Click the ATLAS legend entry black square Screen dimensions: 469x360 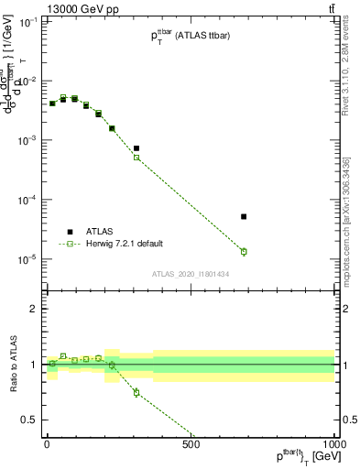click(70, 232)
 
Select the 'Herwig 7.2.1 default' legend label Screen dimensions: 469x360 click(124, 244)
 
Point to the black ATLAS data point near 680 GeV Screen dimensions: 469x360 click(244, 216)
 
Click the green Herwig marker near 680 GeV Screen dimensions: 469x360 click(244, 251)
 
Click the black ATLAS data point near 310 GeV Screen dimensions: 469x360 click(136, 148)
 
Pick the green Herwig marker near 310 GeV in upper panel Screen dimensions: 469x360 click(136, 158)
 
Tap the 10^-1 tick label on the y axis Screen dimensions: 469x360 click(27, 22)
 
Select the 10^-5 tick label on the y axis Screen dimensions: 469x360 click(27, 259)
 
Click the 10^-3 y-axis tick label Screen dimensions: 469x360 click(27, 140)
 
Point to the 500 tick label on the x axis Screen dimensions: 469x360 click(191, 444)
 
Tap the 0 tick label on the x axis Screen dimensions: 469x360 click(47, 444)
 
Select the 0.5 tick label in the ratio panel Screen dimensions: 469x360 click(30, 420)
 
